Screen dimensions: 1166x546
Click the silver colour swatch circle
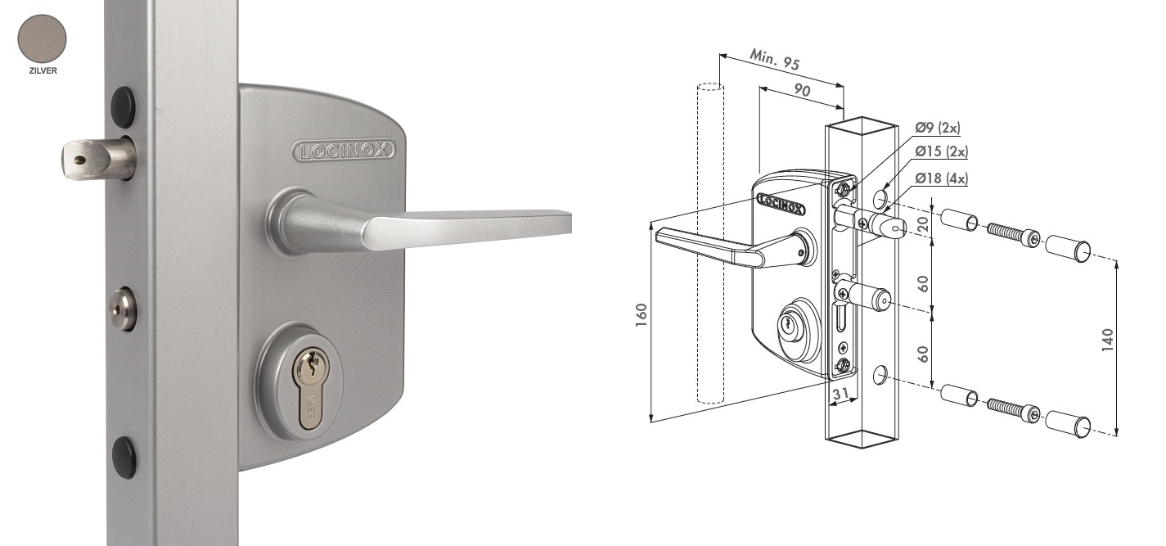point(43,39)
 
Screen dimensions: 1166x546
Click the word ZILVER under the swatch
point(43,70)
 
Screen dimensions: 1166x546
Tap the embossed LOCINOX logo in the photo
point(344,151)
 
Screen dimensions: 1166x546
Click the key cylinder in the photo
point(311,389)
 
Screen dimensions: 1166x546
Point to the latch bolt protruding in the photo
point(98,158)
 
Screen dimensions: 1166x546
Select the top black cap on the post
point(124,106)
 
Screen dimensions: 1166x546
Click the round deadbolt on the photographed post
point(123,309)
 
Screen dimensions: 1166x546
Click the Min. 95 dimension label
point(775,59)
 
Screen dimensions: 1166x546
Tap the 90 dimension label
point(802,90)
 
